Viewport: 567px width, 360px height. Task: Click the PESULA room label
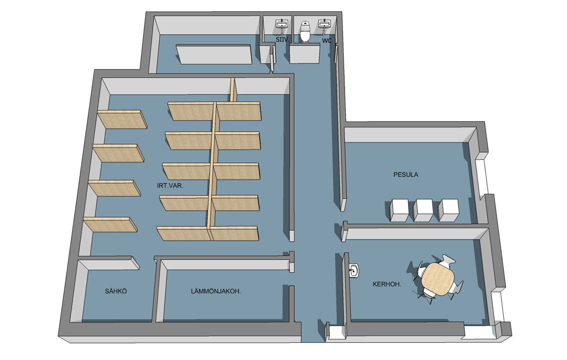coord(406,174)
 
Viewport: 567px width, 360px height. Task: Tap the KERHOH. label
coord(387,284)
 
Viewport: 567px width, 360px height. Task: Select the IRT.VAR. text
coord(170,186)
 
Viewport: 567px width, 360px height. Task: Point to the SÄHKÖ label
coord(116,291)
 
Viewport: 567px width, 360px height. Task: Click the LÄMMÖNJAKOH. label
coord(216,291)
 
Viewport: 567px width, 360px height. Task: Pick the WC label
coord(327,40)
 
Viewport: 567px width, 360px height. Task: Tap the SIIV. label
coord(282,39)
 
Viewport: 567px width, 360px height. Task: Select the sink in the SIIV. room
coord(282,23)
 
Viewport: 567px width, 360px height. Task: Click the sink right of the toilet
coord(324,23)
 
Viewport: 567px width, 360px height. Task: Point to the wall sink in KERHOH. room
coord(355,271)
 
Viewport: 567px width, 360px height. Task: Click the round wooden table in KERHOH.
coord(437,279)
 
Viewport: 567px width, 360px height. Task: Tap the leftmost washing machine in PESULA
coord(399,210)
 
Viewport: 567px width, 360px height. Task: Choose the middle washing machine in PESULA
coord(423,210)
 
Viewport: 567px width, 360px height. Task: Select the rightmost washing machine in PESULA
coord(448,210)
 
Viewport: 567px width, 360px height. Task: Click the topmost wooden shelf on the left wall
coord(122,119)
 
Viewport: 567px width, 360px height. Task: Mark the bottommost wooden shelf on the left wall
coord(110,225)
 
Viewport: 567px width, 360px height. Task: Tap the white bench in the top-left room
coord(214,54)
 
